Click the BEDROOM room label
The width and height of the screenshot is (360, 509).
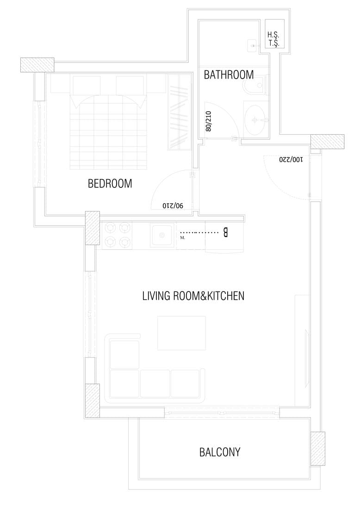coord(110,184)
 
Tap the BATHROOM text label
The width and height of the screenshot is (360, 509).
coord(229,74)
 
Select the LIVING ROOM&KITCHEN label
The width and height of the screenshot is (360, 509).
coord(193,296)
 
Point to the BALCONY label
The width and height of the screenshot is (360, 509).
coord(220,452)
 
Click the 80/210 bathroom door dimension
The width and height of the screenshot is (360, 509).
coord(208,121)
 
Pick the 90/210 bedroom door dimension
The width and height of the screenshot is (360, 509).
coord(173,205)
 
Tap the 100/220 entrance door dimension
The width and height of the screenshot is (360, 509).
coord(291,159)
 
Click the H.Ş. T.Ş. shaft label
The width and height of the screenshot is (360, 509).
coord(273,39)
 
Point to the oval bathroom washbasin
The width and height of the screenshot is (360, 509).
coord(256,120)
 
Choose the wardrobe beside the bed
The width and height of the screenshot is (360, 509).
coord(180,112)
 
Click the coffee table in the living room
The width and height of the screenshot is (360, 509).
coord(181,333)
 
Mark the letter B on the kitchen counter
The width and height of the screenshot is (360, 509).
coord(225,233)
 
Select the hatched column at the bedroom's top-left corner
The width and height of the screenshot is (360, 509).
coord(37,65)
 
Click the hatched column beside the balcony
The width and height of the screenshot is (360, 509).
coord(318,449)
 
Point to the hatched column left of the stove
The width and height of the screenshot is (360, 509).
coord(93,228)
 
